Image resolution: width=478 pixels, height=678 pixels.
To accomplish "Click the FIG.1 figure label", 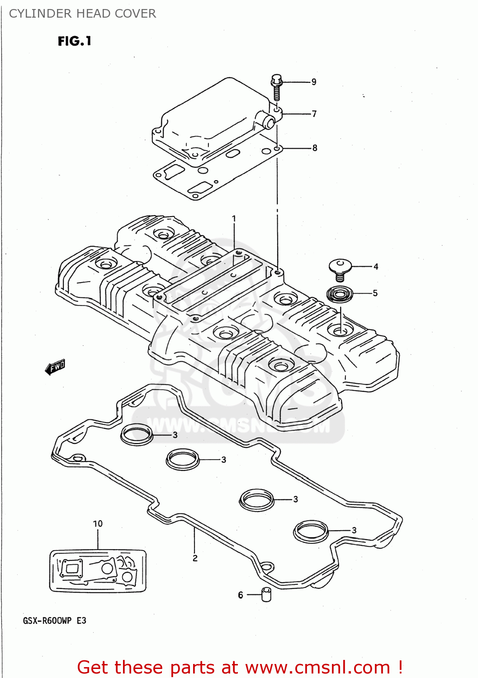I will tap(75, 41).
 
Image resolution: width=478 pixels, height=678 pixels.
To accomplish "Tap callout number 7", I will tap(314, 114).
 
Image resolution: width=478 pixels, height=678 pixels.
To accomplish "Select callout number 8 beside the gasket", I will tap(315, 148).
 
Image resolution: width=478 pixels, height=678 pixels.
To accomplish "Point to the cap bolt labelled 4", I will tap(340, 269).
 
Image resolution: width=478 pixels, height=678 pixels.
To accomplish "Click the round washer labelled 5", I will tap(340, 295).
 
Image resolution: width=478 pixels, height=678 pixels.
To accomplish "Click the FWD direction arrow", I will tap(55, 367).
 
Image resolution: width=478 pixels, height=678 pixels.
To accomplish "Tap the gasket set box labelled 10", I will tap(98, 570).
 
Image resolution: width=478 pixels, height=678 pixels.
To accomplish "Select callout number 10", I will tap(98, 523).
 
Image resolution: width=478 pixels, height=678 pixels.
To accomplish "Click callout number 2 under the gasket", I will tap(195, 558).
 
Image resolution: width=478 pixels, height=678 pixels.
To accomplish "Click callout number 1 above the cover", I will tap(234, 219).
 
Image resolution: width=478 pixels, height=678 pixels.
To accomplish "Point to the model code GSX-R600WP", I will tap(47, 621).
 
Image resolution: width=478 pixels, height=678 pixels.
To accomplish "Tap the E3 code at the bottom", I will tap(81, 621).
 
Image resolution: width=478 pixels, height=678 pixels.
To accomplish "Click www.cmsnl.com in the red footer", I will tap(317, 667).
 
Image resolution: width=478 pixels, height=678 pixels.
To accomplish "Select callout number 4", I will tap(376, 267).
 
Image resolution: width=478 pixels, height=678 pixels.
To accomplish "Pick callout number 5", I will tap(375, 293).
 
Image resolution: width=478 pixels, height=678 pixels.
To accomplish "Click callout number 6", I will tap(241, 595).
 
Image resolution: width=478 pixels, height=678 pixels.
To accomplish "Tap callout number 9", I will tap(314, 82).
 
